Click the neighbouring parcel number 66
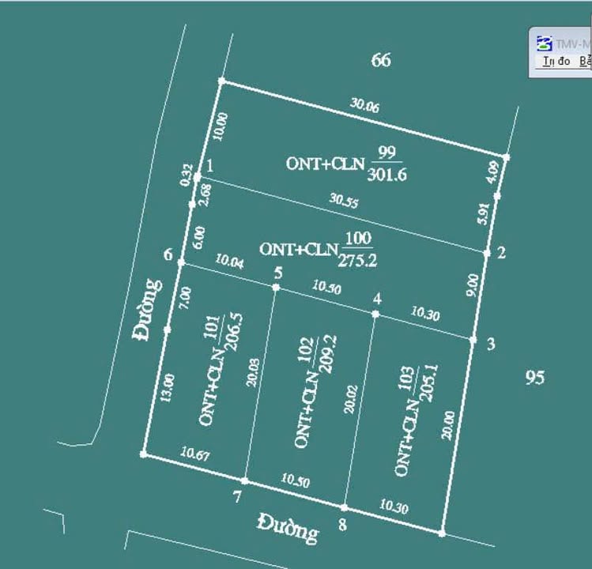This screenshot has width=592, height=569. coord(381,60)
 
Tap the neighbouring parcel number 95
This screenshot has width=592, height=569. coord(535,378)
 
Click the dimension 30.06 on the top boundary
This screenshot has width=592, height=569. coord(364,106)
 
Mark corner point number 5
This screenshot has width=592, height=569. coord(277,273)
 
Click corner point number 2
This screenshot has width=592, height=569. coord(500,253)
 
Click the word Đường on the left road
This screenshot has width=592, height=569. coord(148,309)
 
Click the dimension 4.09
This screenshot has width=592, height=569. coord(494,171)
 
